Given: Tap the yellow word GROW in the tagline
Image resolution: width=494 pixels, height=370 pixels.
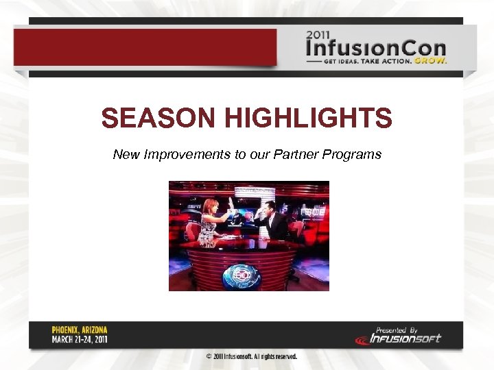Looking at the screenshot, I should (x=432, y=60).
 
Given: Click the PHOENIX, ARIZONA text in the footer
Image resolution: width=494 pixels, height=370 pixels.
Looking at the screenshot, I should (x=80, y=330).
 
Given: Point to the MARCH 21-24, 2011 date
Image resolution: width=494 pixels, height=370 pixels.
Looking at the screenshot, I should (x=80, y=339).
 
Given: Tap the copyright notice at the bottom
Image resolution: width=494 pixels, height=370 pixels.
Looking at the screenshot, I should (x=252, y=357).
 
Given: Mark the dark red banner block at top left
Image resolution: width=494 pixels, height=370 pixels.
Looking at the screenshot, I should (x=145, y=47).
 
